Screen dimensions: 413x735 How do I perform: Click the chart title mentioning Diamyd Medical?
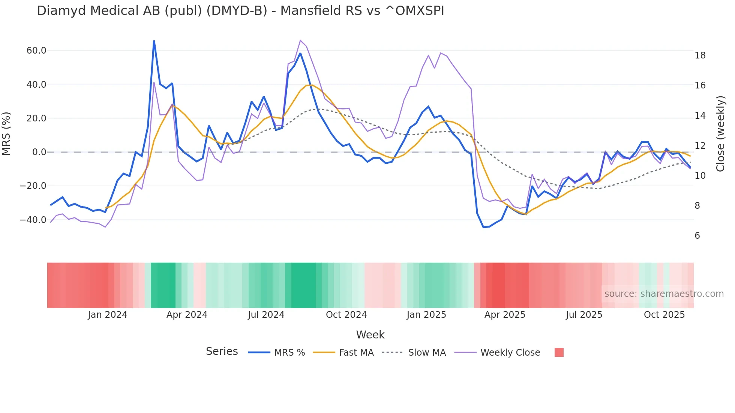(240, 11)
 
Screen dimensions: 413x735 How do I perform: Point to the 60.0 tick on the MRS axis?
(36, 51)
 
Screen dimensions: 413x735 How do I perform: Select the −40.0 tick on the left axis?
(33, 220)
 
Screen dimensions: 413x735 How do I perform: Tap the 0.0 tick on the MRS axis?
(39, 152)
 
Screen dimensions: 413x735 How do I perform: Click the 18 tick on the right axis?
(700, 55)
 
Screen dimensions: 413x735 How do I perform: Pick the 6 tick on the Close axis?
(697, 236)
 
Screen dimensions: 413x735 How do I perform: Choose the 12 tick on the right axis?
(700, 146)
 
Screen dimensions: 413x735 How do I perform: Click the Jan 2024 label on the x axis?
(108, 315)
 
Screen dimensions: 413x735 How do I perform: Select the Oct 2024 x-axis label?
(346, 315)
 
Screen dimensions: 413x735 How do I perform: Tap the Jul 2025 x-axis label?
(584, 315)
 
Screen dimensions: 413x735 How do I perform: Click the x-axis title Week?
(370, 335)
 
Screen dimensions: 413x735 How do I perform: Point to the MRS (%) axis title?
(6, 134)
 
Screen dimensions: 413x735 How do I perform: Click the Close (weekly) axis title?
(720, 134)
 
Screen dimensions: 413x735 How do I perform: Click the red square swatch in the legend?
(559, 352)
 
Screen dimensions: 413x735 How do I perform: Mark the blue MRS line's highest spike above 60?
(154, 41)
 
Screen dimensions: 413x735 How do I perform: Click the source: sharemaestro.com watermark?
(664, 294)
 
